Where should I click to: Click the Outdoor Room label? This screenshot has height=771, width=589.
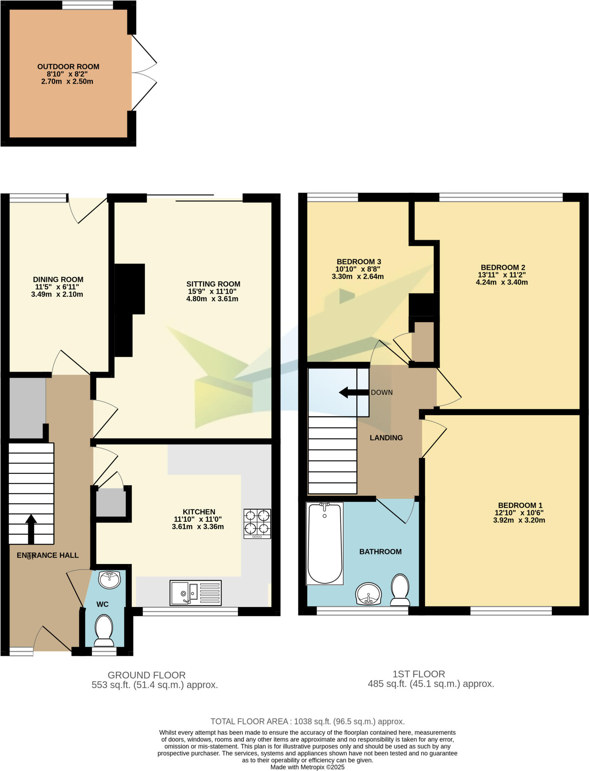point(68,67)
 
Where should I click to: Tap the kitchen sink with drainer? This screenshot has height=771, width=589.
point(195,593)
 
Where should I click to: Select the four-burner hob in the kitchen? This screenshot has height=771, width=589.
point(257,523)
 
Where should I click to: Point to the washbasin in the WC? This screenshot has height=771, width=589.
point(110,579)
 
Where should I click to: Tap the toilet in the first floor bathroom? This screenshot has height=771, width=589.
point(400,590)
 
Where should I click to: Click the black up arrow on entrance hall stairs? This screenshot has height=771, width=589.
point(31,529)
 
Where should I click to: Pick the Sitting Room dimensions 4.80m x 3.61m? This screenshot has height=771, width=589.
point(212,299)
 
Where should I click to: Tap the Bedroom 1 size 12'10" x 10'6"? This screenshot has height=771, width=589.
point(519,513)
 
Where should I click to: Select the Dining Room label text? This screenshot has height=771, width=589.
point(58,279)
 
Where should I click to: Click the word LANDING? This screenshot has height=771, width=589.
point(386,437)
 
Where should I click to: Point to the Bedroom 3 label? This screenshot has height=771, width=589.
point(359,262)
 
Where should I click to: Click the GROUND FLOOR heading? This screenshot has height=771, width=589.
point(146,675)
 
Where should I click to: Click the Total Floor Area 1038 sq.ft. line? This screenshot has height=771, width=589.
point(307,721)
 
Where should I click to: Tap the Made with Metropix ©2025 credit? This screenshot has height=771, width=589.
point(307,767)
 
